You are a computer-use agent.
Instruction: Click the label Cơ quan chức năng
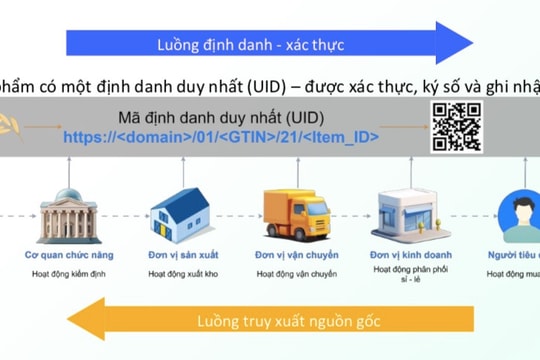[68, 255]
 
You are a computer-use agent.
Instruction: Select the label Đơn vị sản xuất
[178, 255]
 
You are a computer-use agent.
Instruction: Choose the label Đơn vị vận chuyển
[292, 255]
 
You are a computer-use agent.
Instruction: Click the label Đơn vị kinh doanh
[406, 255]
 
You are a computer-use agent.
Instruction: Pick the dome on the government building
[68, 192]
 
